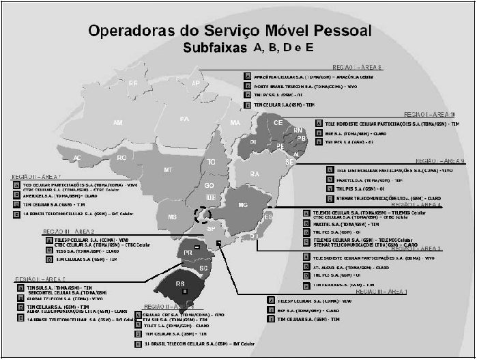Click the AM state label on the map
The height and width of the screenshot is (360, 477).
[x=117, y=123]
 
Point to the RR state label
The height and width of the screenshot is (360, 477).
[x=133, y=83]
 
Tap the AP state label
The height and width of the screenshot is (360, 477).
[x=196, y=83]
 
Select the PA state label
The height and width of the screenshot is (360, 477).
[x=184, y=119]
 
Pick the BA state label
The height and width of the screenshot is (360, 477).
[x=255, y=174]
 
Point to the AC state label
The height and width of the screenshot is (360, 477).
[x=78, y=158]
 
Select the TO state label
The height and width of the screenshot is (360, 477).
[x=212, y=162]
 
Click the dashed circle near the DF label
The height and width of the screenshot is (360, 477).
[x=202, y=215]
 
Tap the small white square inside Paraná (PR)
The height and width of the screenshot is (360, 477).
[x=197, y=247]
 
